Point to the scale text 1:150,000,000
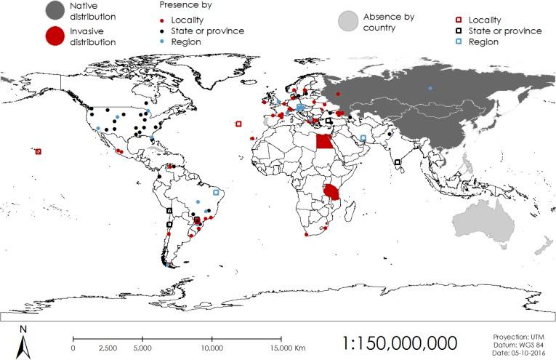coord(400,341)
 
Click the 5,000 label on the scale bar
coord(142,348)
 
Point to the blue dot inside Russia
coord(430,88)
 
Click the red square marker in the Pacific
coord(39,151)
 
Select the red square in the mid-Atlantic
coord(238,124)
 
